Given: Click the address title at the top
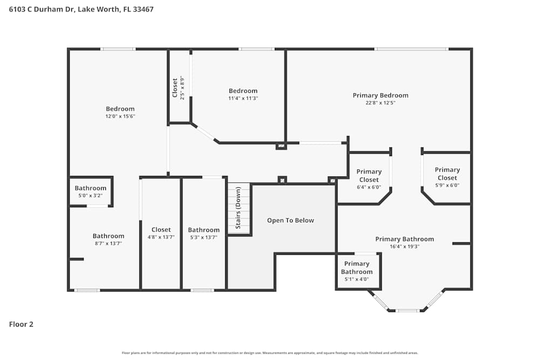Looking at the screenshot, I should coord(81,9).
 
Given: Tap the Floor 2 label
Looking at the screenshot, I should coord(21,324).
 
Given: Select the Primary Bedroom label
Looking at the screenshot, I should coord(380,96).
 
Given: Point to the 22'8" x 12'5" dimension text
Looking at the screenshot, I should coord(380,103).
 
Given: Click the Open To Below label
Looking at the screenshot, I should coord(290,220).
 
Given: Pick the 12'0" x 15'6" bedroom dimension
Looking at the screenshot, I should coord(120,116).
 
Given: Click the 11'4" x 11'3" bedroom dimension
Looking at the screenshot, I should coord(243,98).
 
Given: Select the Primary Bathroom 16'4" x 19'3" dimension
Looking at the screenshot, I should coord(404,247).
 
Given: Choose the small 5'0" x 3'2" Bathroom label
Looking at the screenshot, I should coord(90,188).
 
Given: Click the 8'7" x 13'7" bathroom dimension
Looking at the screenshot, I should coord(108,243).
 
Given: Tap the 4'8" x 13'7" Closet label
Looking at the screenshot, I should coord(161,230).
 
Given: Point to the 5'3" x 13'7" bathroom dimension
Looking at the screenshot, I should coord(204,237).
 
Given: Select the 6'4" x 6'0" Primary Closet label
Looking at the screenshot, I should coord(369,175).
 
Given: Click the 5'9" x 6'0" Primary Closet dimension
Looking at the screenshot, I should coord(447,185).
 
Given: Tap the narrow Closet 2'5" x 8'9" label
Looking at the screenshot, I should coord(175,87).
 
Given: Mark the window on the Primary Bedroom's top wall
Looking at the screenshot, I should coord(411,49).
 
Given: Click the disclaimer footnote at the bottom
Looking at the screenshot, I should coord(270,352).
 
